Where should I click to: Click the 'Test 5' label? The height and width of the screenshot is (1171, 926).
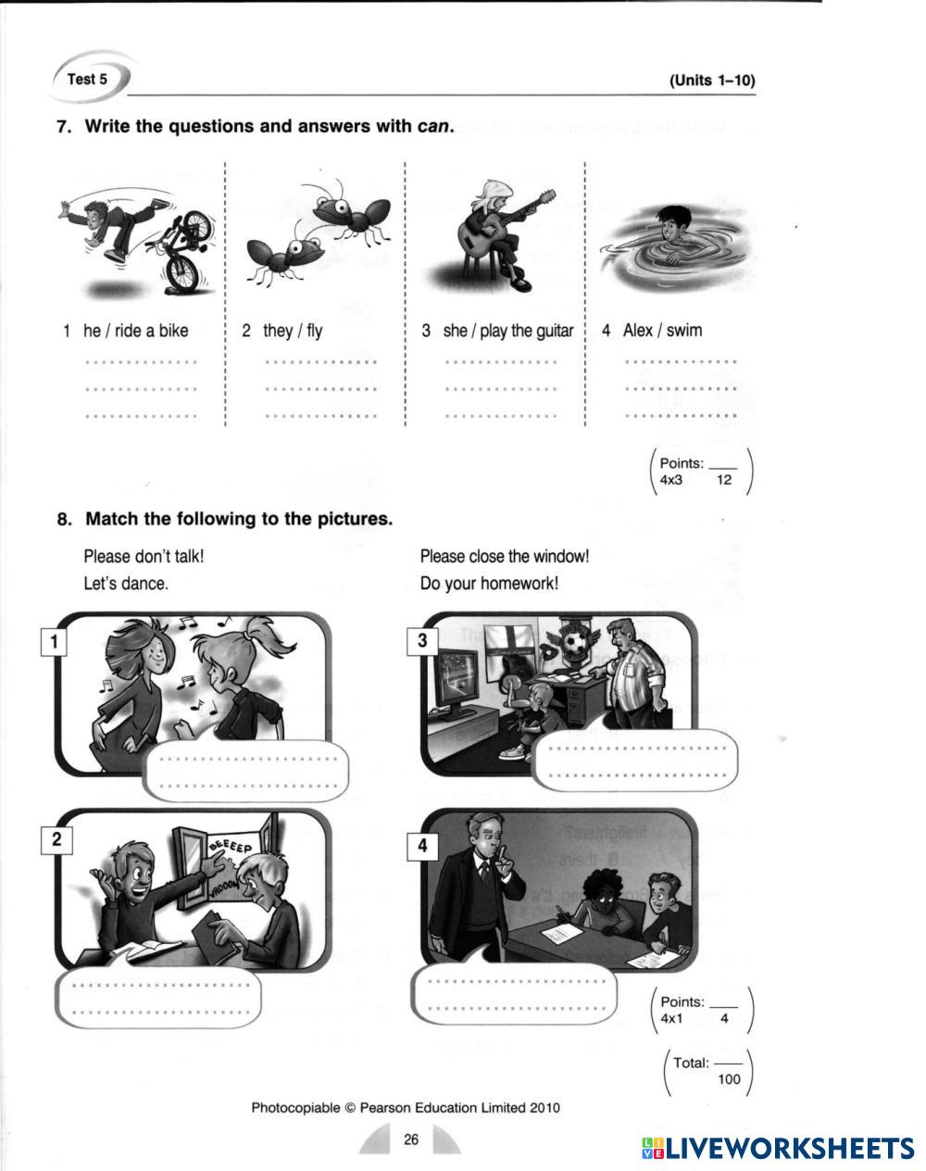point(87,80)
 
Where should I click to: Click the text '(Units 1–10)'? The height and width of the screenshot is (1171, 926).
point(712,81)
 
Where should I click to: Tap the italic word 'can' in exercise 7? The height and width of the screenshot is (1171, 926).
point(433,126)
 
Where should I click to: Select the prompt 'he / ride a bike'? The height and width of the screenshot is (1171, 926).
point(135,331)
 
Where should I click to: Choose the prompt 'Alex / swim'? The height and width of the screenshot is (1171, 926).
point(662,330)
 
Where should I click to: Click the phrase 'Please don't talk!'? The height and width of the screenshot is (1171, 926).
point(144,556)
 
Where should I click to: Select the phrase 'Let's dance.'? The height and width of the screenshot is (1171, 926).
point(126,584)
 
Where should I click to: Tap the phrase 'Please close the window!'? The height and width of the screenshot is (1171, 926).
point(505,556)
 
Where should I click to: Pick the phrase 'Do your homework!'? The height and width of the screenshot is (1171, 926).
point(489,584)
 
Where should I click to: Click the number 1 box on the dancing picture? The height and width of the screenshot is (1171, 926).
point(54,642)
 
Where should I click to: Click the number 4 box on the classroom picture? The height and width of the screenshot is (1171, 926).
point(422,846)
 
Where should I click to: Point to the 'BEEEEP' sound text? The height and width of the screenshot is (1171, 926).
point(231,845)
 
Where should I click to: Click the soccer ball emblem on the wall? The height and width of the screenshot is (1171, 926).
point(574,643)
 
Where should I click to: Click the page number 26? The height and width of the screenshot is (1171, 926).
point(411,1139)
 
